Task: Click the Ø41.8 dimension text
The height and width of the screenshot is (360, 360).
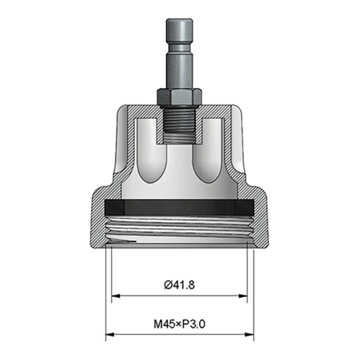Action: point(180,284)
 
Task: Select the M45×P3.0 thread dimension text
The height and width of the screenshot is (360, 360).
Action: point(180,323)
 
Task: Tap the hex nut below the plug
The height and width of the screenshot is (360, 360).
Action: point(180,96)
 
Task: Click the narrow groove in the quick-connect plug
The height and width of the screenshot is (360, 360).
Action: point(180,54)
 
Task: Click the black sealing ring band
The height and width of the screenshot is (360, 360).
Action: point(180,207)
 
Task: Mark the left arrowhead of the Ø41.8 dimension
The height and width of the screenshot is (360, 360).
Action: point(115,297)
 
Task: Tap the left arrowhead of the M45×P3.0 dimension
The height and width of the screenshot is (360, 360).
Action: point(109,336)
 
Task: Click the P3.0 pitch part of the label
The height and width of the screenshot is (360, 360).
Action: point(195,323)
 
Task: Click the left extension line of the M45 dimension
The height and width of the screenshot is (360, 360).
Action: point(106,294)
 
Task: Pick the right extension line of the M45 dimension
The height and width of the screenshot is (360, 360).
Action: point(254,294)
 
